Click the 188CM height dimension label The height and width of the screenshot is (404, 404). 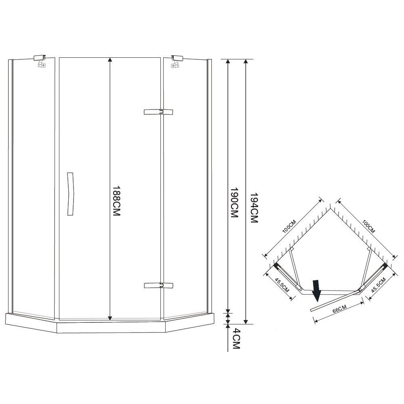(117, 201)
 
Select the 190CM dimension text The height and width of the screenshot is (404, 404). (234, 202)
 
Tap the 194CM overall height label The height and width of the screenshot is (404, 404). (254, 208)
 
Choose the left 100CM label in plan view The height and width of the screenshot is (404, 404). (290, 227)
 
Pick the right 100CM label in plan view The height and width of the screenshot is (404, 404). (368, 226)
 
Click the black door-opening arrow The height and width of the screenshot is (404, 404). (316, 290)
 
